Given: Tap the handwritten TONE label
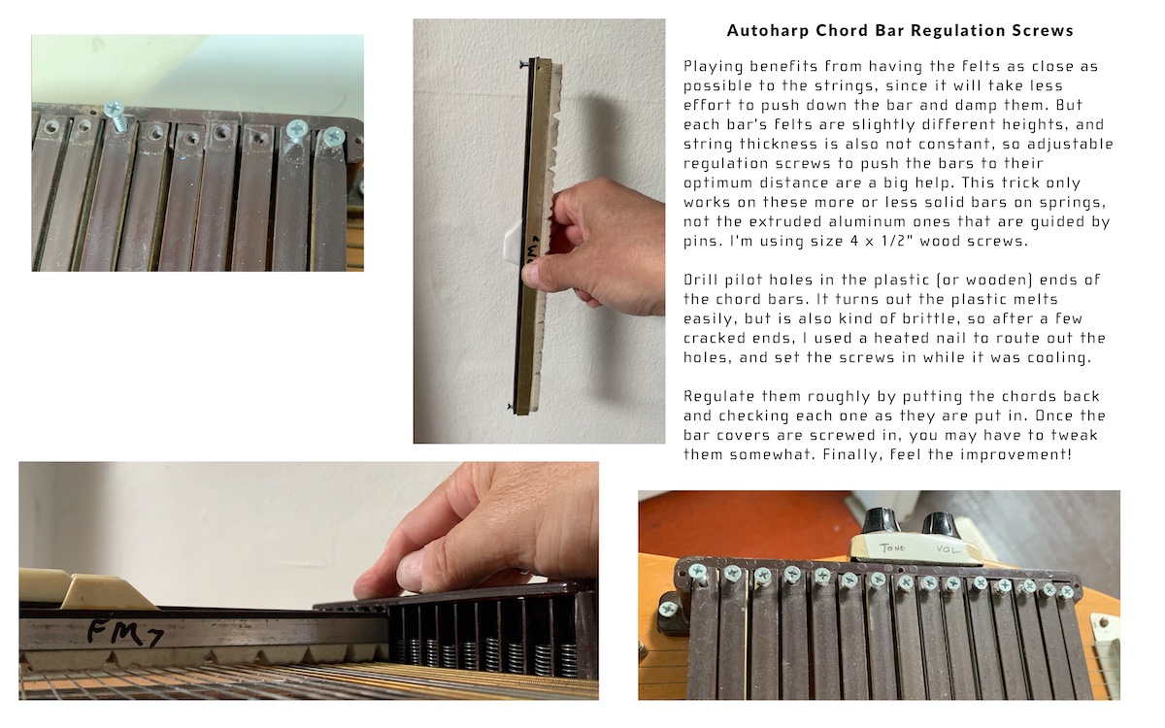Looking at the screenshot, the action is tap(892, 547).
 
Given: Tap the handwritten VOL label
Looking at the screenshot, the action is tap(949, 549).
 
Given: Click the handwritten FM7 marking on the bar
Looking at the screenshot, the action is tap(125, 632).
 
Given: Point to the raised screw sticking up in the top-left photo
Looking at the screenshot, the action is tap(115, 115).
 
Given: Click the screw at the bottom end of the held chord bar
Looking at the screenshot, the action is tap(513, 406).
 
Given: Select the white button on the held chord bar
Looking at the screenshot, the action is tap(513, 241).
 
